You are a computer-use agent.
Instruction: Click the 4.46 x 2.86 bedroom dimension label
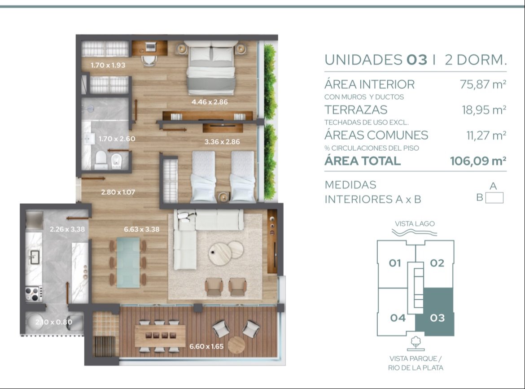pyautogui.click(x=210, y=102)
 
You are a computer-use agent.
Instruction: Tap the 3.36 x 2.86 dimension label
pyautogui.click(x=222, y=142)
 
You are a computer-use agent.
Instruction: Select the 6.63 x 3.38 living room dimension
pyautogui.click(x=142, y=229)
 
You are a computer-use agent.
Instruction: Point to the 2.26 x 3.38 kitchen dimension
pyautogui.click(x=67, y=229)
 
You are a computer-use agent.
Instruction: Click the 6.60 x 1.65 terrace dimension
pyautogui.click(x=206, y=346)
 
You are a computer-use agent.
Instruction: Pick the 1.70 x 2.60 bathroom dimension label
pyautogui.click(x=117, y=139)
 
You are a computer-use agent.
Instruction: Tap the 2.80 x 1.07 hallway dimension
pyautogui.click(x=118, y=192)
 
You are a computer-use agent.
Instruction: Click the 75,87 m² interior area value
pyautogui.click(x=483, y=84)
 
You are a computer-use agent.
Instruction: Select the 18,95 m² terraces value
pyautogui.click(x=484, y=109)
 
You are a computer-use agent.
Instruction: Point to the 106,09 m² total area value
pyautogui.click(x=478, y=161)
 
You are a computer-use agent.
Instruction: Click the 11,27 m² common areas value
pyautogui.click(x=486, y=135)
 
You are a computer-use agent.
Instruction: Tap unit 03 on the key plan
pyautogui.click(x=437, y=318)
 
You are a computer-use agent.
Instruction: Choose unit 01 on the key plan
pyautogui.click(x=395, y=263)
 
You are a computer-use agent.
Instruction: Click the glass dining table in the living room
pyautogui.click(x=128, y=262)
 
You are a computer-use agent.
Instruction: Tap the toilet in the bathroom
pyautogui.click(x=101, y=159)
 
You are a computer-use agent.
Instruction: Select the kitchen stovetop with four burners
pyautogui.click(x=34, y=293)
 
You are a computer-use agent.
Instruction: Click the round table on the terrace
pyautogui.click(x=237, y=345)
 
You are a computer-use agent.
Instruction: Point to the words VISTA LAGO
pyautogui.click(x=415, y=223)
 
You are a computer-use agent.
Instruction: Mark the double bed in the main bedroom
pyautogui.click(x=211, y=67)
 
